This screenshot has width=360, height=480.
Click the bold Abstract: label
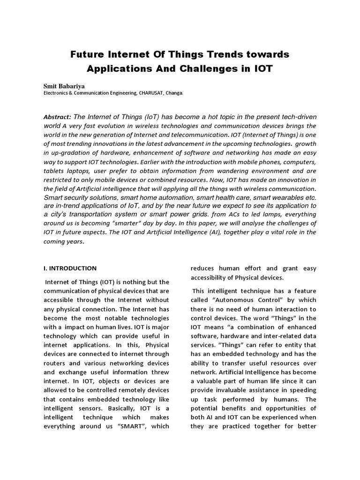click(x=57, y=117)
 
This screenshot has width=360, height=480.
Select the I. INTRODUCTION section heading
click(x=70, y=269)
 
